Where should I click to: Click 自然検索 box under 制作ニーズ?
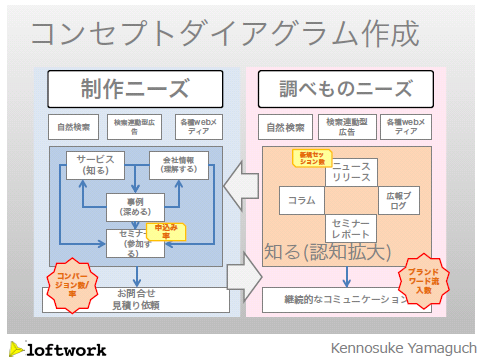coord(73,127)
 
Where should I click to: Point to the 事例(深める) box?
coord(135,206)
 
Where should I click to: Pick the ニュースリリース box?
coord(351,171)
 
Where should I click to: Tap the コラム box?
coord(301,200)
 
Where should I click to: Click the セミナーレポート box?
coord(351,227)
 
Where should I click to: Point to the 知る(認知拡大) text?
coord(326,252)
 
